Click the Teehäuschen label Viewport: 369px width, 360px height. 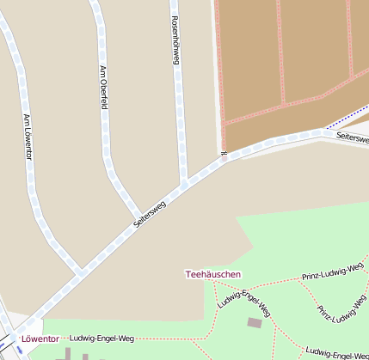pyautogui.click(x=213, y=274)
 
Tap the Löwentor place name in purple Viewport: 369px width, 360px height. pyautogui.click(x=41, y=338)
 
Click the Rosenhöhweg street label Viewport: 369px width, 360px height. pyautogui.click(x=175, y=40)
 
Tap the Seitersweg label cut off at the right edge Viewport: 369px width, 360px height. pyautogui.click(x=352, y=137)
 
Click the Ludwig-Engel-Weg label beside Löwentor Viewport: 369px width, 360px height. pyautogui.click(x=102, y=338)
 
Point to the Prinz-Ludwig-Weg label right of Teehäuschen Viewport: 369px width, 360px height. pyautogui.click(x=335, y=272)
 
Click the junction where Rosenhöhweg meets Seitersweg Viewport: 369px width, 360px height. pyautogui.click(x=184, y=184)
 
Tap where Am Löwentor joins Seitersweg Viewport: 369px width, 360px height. pyautogui.click(x=81, y=272)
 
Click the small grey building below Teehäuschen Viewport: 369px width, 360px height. pyautogui.click(x=254, y=322)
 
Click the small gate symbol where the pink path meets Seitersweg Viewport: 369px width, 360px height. pyautogui.click(x=224, y=155)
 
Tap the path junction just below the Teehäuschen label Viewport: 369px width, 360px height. pyautogui.click(x=212, y=284)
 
